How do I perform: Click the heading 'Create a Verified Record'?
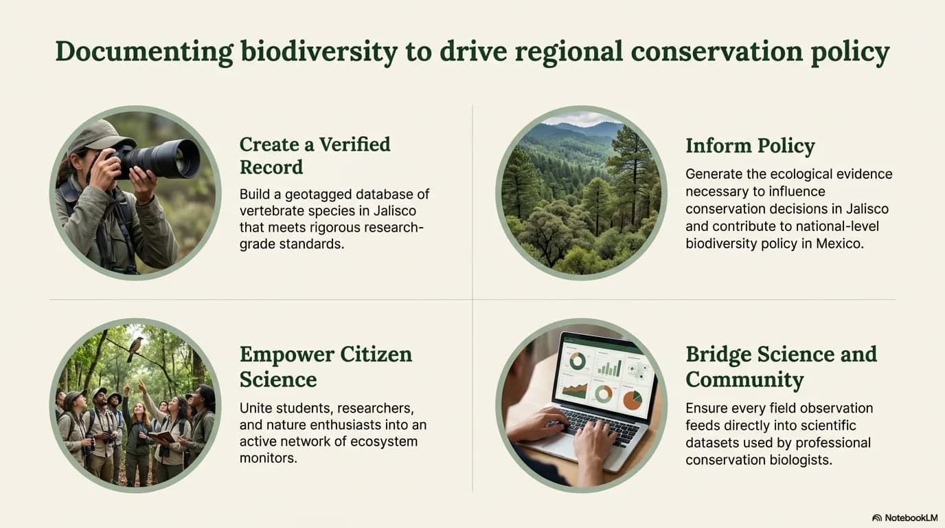point(315,155)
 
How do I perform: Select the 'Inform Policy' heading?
point(750,146)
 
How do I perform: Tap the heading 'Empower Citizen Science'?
point(326,366)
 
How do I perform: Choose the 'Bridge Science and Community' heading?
point(781,366)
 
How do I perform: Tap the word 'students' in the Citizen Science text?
point(304,408)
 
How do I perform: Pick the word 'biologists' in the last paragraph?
point(800,460)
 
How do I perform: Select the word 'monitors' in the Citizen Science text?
point(269,457)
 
